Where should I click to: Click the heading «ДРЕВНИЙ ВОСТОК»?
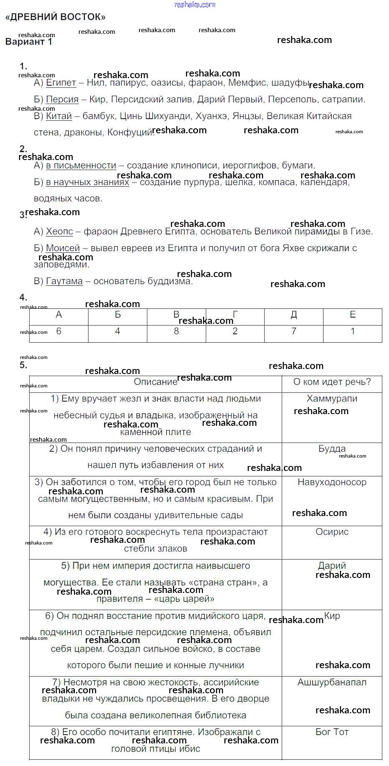point(55,17)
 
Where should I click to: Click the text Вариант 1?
point(29,42)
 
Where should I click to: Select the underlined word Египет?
point(61,83)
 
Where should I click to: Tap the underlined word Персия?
point(62,99)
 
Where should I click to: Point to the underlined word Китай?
point(59,116)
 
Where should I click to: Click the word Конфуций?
point(130,132)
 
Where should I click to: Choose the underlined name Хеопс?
point(59,232)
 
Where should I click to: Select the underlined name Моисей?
point(63,248)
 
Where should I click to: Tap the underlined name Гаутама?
point(64,281)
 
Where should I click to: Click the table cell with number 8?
point(176,331)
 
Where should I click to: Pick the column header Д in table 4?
point(294,315)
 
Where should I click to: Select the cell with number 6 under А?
point(59,331)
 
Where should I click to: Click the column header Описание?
point(150,382)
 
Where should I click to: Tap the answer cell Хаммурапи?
point(332,399)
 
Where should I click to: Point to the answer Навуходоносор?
point(332,482)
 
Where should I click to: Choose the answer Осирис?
point(332,532)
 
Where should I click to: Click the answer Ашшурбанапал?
point(332,682)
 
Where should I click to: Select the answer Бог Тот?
point(332,732)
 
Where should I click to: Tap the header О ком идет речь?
point(332,382)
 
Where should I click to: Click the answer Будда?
point(332,449)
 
